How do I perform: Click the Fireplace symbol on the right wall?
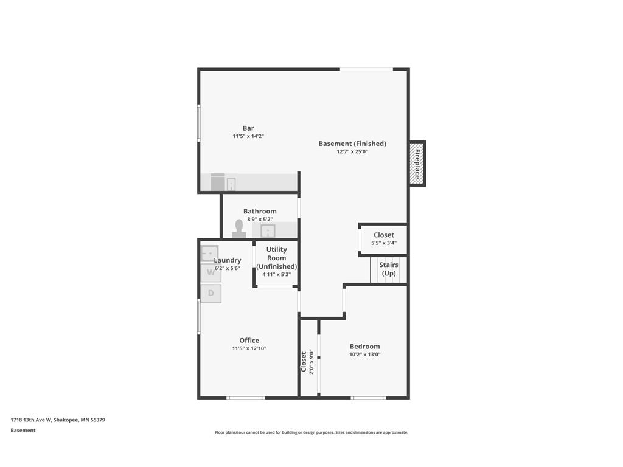pyautogui.click(x=417, y=163)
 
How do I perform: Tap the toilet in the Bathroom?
pyautogui.click(x=238, y=229)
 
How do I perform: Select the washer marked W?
pyautogui.click(x=211, y=273)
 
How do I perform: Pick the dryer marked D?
pyautogui.click(x=211, y=294)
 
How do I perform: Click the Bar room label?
pyautogui.click(x=248, y=128)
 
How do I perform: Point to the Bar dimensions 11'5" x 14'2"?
pyautogui.click(x=248, y=136)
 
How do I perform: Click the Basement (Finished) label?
pyautogui.click(x=352, y=144)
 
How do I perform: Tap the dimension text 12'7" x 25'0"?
pyautogui.click(x=352, y=151)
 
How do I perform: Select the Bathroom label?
pyautogui.click(x=260, y=211)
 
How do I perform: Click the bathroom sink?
pyautogui.click(x=268, y=230)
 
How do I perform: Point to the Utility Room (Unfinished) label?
pyautogui.click(x=277, y=258)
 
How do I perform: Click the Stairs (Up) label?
pyautogui.click(x=389, y=269)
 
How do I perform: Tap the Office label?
pyautogui.click(x=249, y=341)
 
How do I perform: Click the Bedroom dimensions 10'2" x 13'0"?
pyautogui.click(x=365, y=355)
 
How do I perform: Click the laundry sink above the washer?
pyautogui.click(x=209, y=254)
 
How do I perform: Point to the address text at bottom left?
pyautogui.click(x=58, y=420)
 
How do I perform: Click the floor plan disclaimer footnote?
pyautogui.click(x=311, y=432)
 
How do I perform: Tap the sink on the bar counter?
pyautogui.click(x=231, y=184)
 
